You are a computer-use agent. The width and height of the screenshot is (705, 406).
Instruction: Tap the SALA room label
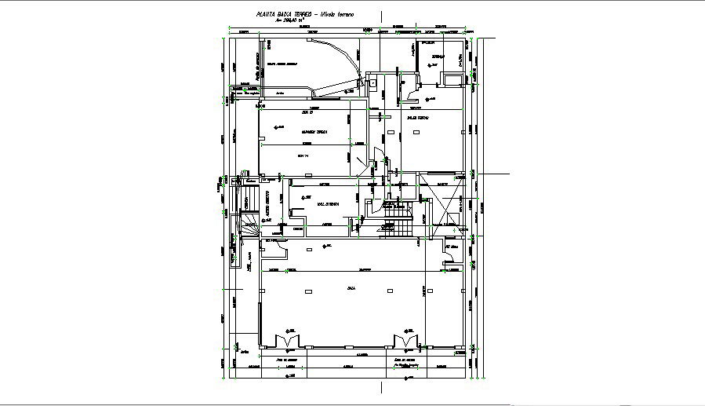point(351,289)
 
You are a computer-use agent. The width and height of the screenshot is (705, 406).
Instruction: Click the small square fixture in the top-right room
point(451,79)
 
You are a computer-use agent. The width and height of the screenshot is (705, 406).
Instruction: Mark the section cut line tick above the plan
point(381,16)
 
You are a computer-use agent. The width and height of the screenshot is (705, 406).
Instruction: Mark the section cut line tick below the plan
point(381,388)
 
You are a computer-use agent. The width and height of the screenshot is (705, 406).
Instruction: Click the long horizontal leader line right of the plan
point(493,172)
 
